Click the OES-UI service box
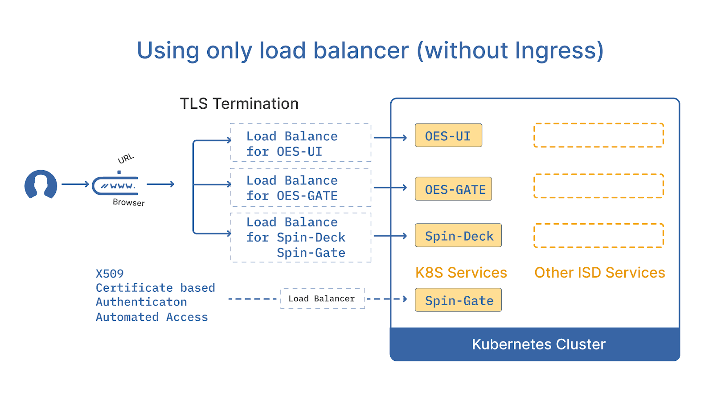pyautogui.click(x=448, y=135)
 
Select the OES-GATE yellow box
pyautogui.click(x=453, y=189)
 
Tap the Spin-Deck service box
pyautogui.click(x=458, y=235)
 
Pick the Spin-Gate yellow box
pyautogui.click(x=458, y=300)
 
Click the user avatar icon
pyautogui.click(x=41, y=184)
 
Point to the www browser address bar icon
pyautogui.click(x=115, y=186)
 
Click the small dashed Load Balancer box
pyautogui.click(x=322, y=299)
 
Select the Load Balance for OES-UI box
pyautogui.click(x=300, y=143)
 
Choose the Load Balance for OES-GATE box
pyautogui.click(x=300, y=188)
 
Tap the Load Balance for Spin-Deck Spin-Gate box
pyautogui.click(x=300, y=237)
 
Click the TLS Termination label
pyautogui.click(x=239, y=104)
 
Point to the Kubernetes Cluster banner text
pyautogui.click(x=538, y=344)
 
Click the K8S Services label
pyautogui.click(x=461, y=272)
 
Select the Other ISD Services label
pyautogui.click(x=599, y=272)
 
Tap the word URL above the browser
pyautogui.click(x=126, y=159)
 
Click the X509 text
pyautogui.click(x=110, y=274)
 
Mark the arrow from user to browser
pyautogui.click(x=75, y=184)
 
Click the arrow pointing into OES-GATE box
pyautogui.click(x=390, y=188)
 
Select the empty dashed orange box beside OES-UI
pyautogui.click(x=598, y=135)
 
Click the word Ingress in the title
pyautogui.click(x=554, y=51)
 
